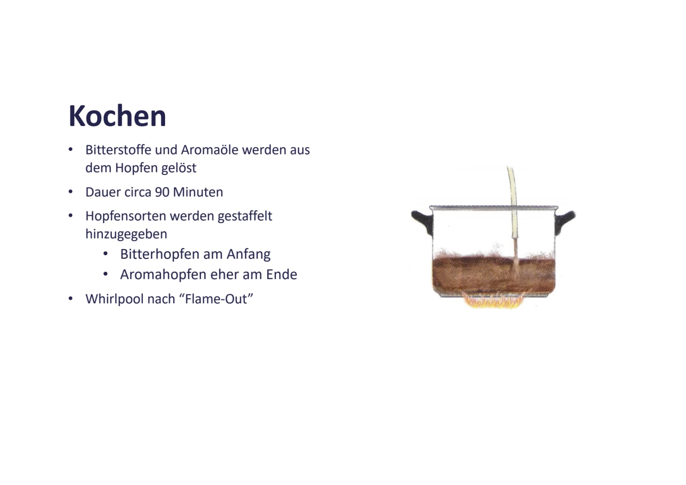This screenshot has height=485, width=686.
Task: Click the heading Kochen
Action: (x=117, y=116)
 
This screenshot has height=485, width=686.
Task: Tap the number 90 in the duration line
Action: (x=162, y=192)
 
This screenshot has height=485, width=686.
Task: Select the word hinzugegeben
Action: (x=126, y=234)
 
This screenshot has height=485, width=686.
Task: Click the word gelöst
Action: (x=179, y=168)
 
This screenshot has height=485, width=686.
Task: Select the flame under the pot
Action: (x=494, y=301)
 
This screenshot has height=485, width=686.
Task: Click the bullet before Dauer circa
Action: (x=71, y=191)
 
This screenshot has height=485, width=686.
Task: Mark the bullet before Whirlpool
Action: (x=71, y=298)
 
